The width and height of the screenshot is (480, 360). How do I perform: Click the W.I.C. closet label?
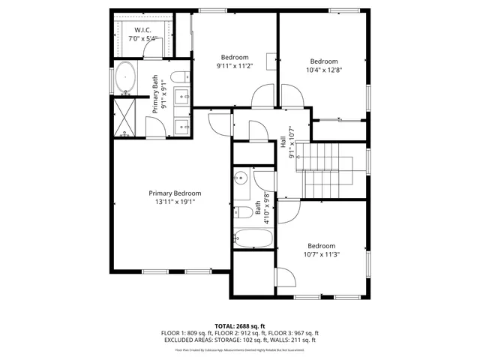(x=142, y=30)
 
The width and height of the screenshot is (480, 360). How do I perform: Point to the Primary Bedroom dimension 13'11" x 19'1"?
(x=175, y=201)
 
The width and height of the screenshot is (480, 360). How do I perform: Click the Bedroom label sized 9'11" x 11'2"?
(x=235, y=65)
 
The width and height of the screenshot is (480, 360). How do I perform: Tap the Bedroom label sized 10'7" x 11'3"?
(x=321, y=253)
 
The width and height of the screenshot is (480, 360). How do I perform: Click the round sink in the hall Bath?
(x=241, y=178)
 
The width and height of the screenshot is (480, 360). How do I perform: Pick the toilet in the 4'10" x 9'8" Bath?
(x=244, y=212)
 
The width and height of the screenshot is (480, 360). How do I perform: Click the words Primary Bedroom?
(x=175, y=193)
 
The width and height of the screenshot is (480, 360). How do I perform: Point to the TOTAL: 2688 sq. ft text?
(x=239, y=326)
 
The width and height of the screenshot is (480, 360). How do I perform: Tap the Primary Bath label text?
(x=156, y=93)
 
